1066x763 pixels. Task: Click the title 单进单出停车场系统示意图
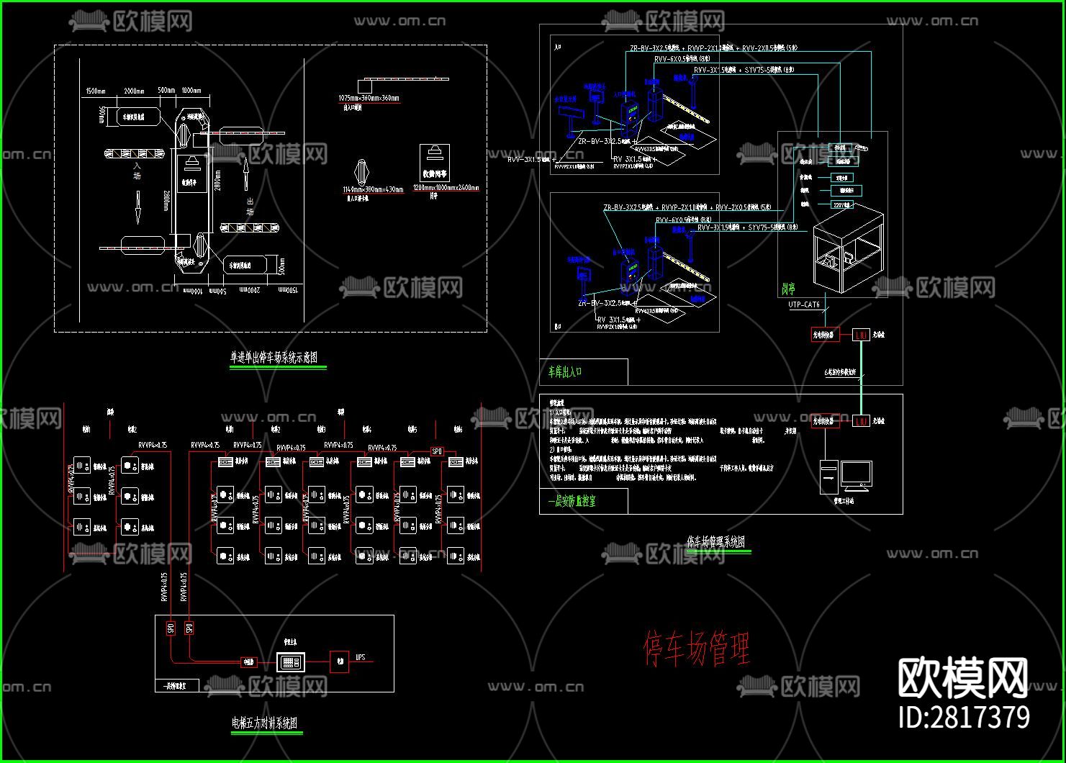[x=274, y=357]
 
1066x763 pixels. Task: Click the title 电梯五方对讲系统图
[x=264, y=723]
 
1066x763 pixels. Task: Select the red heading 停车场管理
[x=696, y=649]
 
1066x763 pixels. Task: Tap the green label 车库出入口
[x=565, y=371]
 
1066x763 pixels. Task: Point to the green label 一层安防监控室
[x=572, y=501]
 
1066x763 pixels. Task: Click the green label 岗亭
[x=788, y=289]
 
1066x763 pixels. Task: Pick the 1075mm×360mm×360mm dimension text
[x=369, y=98]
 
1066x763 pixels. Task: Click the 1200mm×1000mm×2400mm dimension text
[x=446, y=188]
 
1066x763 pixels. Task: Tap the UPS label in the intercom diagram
[x=361, y=657]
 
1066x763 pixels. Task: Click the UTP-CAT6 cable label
[x=804, y=304]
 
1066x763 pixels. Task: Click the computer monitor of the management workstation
[x=856, y=474]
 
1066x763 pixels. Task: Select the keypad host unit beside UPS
[x=291, y=662]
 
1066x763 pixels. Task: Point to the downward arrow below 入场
[x=136, y=207]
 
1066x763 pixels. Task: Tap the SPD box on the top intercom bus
[x=437, y=451]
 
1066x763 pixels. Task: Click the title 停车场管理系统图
[x=715, y=542]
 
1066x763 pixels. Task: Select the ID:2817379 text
[x=965, y=718]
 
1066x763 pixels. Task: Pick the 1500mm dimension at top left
[x=96, y=91]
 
